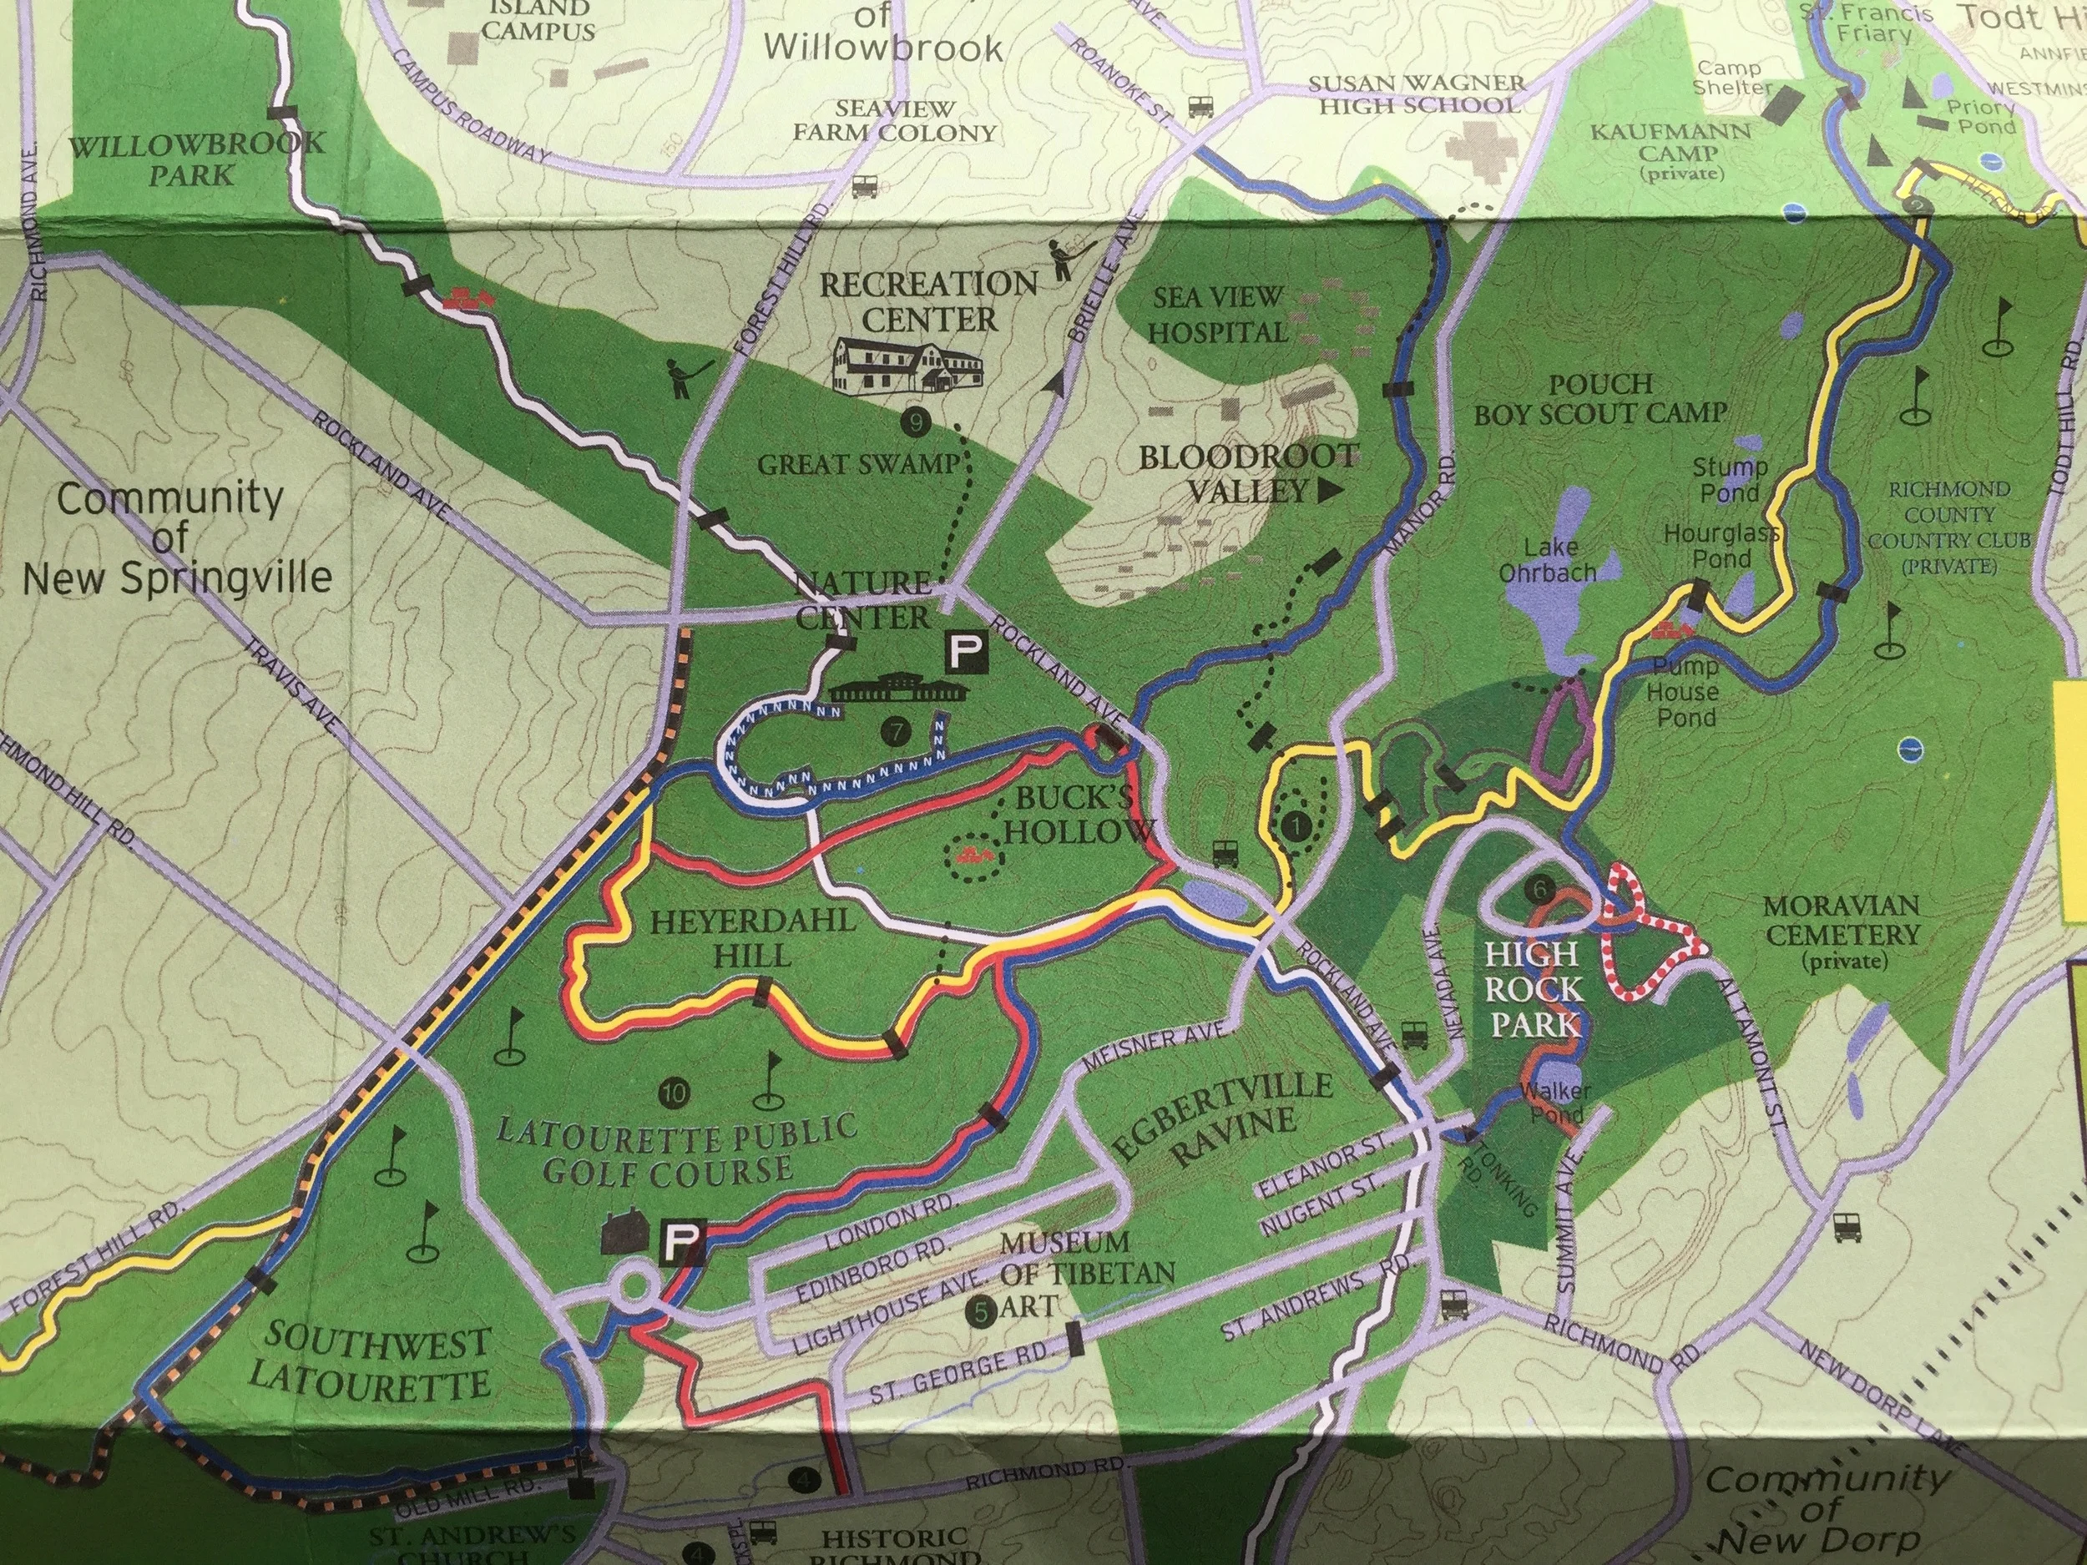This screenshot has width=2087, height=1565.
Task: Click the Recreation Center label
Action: pyautogui.click(x=928, y=301)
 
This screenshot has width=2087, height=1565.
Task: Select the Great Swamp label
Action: pyautogui.click(x=858, y=464)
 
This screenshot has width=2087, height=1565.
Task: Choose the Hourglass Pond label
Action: pyautogui.click(x=1721, y=546)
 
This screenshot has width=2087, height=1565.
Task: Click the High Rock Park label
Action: pyautogui.click(x=1534, y=990)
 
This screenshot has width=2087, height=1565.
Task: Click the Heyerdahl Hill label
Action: pyautogui.click(x=753, y=937)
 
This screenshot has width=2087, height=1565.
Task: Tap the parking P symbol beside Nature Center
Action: pyautogui.click(x=967, y=650)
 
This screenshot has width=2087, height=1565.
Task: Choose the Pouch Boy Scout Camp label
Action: pyautogui.click(x=1600, y=399)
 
